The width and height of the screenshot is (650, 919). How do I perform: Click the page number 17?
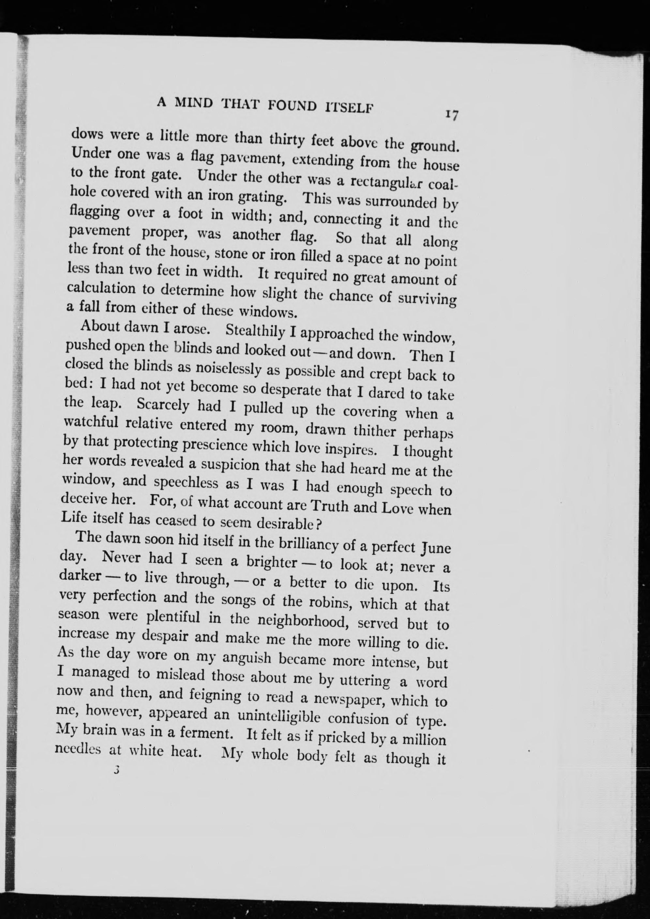coord(452,115)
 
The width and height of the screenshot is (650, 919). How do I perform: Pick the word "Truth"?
coord(329,506)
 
